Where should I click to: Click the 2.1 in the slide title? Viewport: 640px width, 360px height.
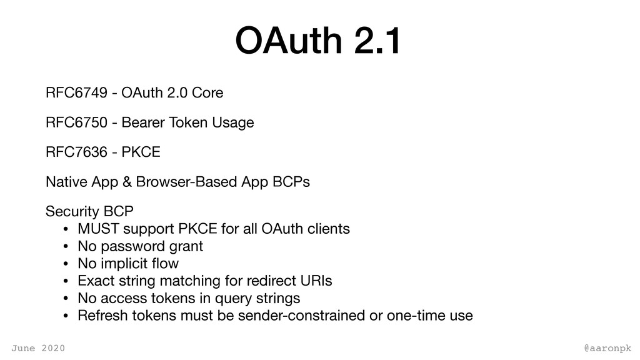377,41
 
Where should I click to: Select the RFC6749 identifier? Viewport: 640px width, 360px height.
76,92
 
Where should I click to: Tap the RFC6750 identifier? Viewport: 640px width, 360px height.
76,122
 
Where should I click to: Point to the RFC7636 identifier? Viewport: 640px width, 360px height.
76,152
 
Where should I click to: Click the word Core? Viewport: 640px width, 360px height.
207,92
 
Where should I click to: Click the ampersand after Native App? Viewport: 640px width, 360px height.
127,182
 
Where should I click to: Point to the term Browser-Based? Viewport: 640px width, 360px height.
186,182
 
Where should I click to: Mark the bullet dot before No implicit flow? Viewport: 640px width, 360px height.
66,264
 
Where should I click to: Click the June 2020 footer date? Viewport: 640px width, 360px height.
38,348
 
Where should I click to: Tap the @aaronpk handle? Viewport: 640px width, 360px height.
607,349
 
